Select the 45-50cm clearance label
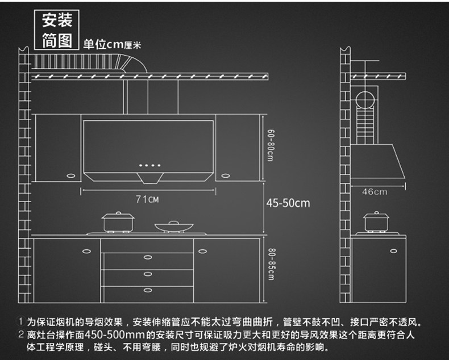coord(288,203)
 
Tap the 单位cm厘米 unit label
coord(112,44)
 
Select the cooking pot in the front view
coord(117,221)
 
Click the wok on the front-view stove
coord(171,227)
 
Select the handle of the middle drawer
coord(148,275)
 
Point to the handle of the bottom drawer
coord(148,291)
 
